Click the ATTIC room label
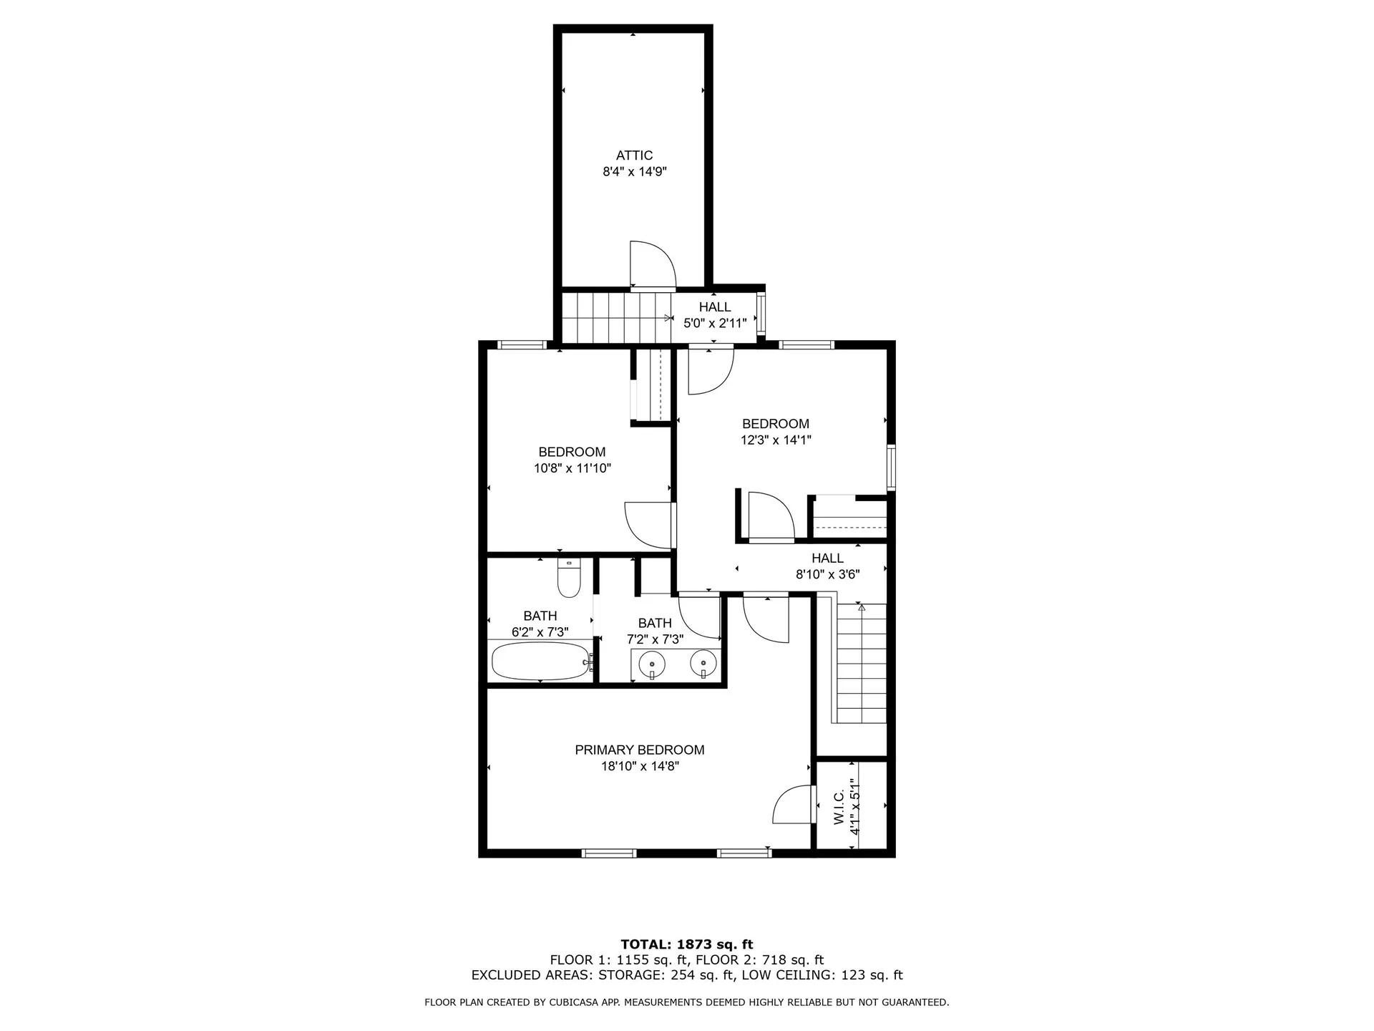(x=634, y=155)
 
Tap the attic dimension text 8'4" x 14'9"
(x=634, y=172)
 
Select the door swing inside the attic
(x=653, y=265)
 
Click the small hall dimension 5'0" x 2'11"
(x=715, y=323)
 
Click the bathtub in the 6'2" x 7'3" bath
(x=540, y=661)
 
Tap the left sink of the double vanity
(x=652, y=665)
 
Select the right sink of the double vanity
(x=704, y=664)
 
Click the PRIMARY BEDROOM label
(x=639, y=750)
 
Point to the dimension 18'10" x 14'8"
(x=639, y=766)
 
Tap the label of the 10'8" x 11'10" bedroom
(x=572, y=452)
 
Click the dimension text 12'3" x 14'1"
(x=775, y=440)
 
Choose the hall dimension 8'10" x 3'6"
(x=827, y=574)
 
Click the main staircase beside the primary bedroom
(x=861, y=662)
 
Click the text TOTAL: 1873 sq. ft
(x=686, y=944)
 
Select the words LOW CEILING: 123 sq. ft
(x=822, y=975)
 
